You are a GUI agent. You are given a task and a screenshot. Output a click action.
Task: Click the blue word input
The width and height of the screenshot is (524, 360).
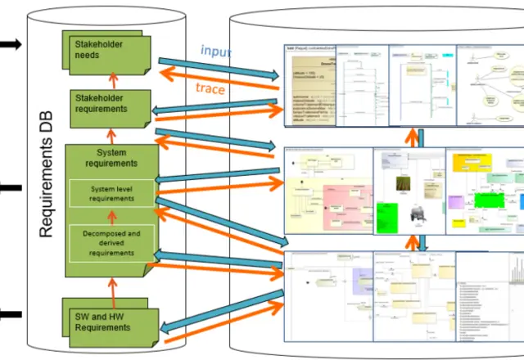pyautogui.click(x=215, y=52)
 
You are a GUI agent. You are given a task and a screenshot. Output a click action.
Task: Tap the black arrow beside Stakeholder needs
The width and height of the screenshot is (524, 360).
pyautogui.click(x=10, y=44)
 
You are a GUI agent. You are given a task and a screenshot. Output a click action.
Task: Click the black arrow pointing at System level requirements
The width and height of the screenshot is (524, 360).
pyautogui.click(x=10, y=187)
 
